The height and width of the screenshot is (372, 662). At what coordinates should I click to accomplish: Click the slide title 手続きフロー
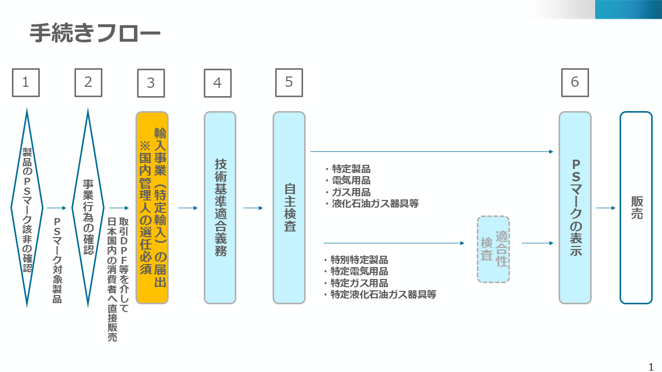pos(95,34)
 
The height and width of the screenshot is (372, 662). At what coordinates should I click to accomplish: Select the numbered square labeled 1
pos(26,83)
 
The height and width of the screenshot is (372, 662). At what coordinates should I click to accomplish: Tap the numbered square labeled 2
pos(88,83)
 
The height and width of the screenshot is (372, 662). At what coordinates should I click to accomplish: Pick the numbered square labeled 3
pos(151,83)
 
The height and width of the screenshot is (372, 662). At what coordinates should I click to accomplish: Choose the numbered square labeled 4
pos(218,83)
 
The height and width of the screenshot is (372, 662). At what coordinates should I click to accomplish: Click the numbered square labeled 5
pos(289,83)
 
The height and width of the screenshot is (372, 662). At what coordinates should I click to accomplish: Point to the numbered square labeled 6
pos(575,83)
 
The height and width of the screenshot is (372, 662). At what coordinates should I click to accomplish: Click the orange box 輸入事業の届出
pos(152,208)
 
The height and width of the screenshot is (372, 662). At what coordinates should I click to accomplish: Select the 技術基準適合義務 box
pos(220,208)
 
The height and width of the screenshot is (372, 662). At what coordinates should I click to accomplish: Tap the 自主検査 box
pos(289,208)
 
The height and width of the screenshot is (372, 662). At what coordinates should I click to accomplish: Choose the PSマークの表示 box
pos(575,208)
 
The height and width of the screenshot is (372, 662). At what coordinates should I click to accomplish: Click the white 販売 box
pos(636,208)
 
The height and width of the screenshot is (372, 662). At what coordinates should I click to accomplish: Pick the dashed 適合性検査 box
pos(493,249)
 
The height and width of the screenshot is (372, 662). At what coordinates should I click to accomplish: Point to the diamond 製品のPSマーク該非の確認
pos(27,208)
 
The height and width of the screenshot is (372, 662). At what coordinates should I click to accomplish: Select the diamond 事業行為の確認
pos(88,208)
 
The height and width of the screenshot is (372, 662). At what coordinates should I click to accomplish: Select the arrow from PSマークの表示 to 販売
pos(606,208)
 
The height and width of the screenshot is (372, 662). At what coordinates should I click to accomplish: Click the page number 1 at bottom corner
pos(651,367)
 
